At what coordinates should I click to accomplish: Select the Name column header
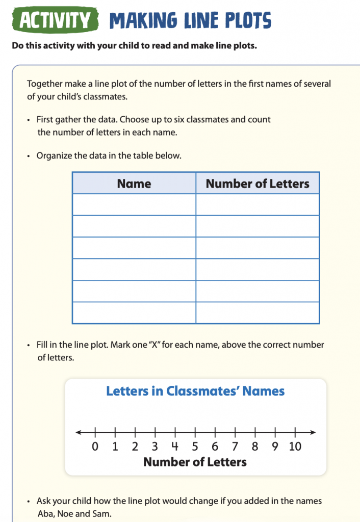[x=134, y=184]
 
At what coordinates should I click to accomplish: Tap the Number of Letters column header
[x=258, y=184]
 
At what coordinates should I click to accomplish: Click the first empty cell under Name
[x=134, y=204]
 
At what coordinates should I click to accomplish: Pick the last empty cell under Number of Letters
[x=258, y=312]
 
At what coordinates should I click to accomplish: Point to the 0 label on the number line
[x=95, y=447]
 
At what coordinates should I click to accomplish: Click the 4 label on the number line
[x=175, y=447]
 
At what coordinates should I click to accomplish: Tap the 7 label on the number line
[x=235, y=447]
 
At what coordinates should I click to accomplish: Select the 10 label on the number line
[x=295, y=447]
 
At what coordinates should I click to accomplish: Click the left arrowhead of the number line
[x=79, y=433]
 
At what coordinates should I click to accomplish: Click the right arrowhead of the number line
[x=313, y=433]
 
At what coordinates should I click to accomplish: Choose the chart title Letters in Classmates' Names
[x=195, y=391]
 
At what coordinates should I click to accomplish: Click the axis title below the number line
[x=195, y=462]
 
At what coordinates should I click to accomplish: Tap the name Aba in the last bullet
[x=45, y=513]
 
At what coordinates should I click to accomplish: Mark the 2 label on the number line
[x=135, y=447]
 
